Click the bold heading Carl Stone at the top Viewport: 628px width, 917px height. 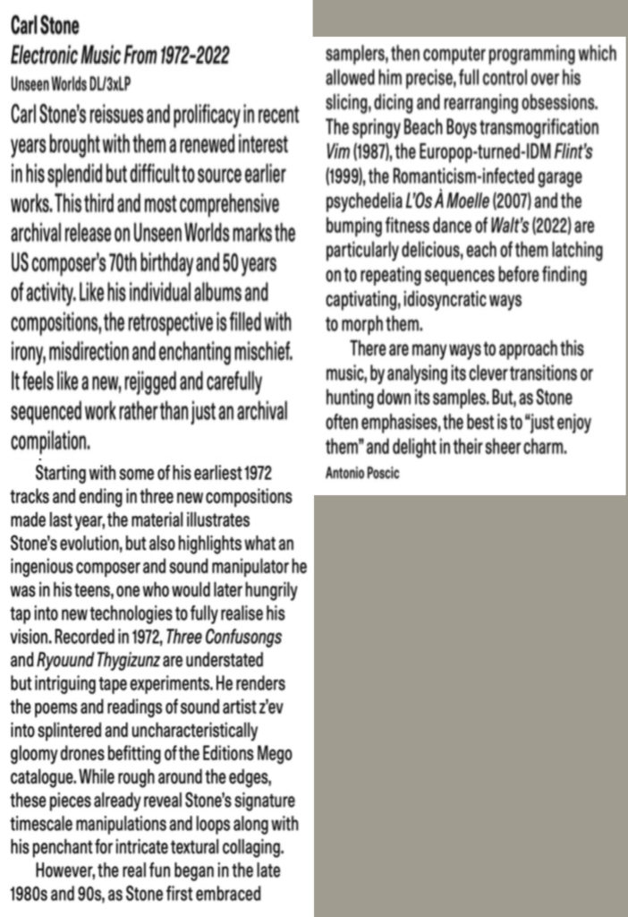[x=45, y=26]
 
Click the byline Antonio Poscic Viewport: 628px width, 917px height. [x=362, y=472]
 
